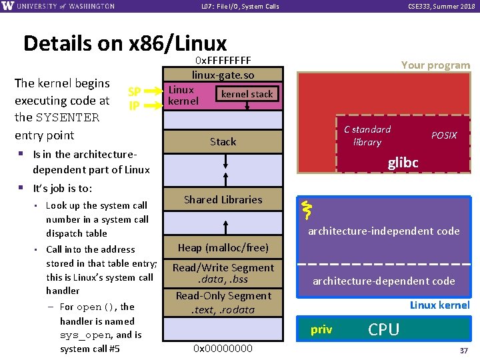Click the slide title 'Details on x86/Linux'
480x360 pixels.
125,43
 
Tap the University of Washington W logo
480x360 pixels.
8,6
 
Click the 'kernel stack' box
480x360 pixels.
247,94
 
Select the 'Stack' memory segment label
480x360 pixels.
223,141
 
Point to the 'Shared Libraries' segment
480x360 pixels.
223,199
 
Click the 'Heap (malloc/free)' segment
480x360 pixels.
223,248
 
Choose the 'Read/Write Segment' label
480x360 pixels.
223,268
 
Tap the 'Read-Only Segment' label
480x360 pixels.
223,296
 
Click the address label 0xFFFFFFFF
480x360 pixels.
223,62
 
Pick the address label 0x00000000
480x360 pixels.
223,348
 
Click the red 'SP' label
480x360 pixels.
134,91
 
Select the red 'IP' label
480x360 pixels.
134,105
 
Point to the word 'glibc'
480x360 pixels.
403,163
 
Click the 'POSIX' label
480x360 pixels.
444,135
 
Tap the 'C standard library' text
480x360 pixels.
367,135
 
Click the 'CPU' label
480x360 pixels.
384,329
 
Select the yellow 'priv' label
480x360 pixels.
321,330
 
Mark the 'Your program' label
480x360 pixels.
435,65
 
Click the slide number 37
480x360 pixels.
463,351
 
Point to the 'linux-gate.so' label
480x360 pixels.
223,75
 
